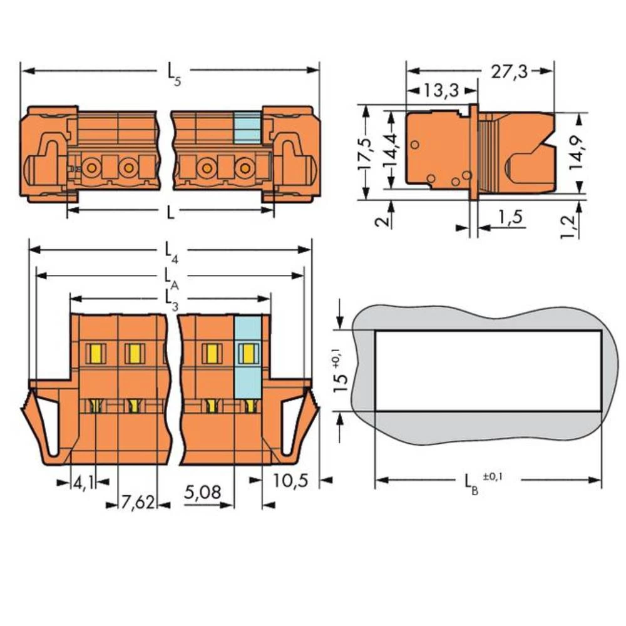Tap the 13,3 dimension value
441,91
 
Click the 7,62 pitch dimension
138,503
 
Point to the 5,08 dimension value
202,492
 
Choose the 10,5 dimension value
290,480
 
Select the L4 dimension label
170,251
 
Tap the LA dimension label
170,277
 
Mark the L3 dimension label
170,300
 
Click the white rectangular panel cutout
488,371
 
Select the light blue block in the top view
247,128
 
